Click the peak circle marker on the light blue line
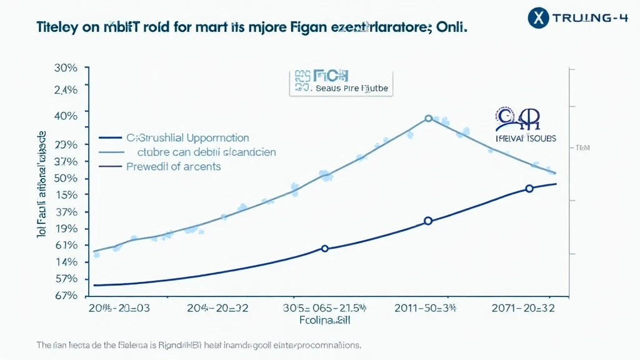pos(428,118)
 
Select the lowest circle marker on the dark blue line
pos(324,248)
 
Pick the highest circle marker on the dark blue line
pos(529,188)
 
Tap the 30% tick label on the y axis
pos(65,68)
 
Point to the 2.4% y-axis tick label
pos(65,89)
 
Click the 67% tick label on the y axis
pos(65,295)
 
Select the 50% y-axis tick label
pos(65,178)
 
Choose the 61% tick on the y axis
pos(65,245)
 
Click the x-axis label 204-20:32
pos(217,307)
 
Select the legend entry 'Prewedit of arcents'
pos(173,167)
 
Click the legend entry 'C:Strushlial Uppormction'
pos(187,137)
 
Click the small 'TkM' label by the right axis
pos(582,148)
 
